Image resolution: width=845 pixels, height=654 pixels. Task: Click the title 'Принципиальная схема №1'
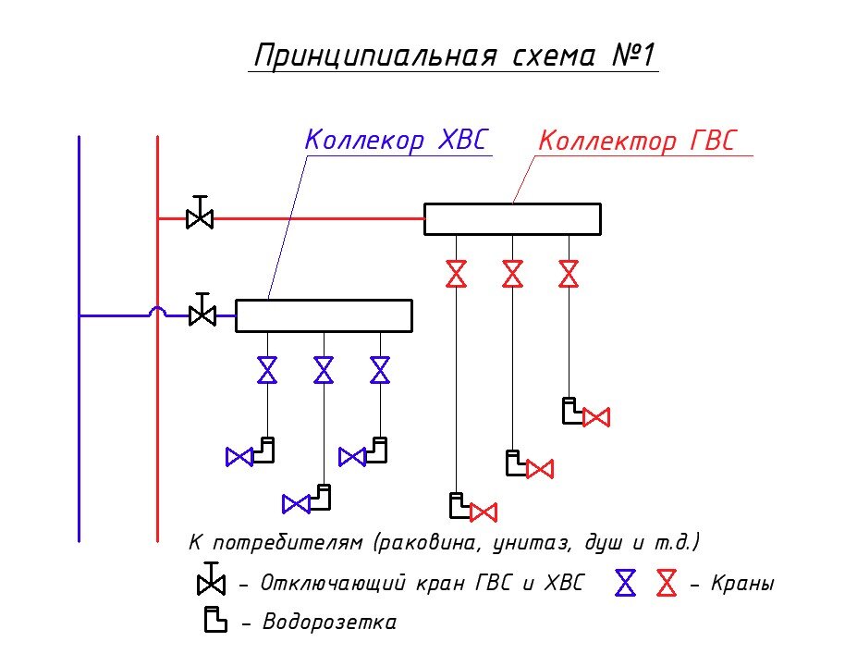click(454, 56)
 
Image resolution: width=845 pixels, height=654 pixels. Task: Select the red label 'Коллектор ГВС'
click(638, 142)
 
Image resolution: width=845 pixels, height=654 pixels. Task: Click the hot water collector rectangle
click(512, 219)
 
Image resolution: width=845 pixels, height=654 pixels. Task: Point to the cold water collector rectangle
click(324, 315)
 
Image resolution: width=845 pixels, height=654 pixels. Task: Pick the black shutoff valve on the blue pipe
click(202, 314)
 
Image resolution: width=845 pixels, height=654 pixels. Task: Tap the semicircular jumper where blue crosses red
click(158, 313)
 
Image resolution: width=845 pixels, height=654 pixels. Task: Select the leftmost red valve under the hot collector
click(456, 274)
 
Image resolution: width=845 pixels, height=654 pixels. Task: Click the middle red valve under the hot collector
click(512, 274)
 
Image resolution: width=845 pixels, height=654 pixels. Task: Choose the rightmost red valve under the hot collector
click(569, 274)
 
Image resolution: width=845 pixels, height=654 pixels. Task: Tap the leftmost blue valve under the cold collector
click(267, 370)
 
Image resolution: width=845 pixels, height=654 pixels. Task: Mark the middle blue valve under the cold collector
click(324, 370)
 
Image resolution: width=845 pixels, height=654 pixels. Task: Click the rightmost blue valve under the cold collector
click(380, 370)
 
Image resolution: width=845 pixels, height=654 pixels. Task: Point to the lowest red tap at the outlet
click(483, 512)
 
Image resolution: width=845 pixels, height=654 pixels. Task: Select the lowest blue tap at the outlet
click(296, 504)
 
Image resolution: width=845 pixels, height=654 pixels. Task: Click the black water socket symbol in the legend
click(215, 620)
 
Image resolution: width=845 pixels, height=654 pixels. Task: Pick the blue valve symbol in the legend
click(627, 583)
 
